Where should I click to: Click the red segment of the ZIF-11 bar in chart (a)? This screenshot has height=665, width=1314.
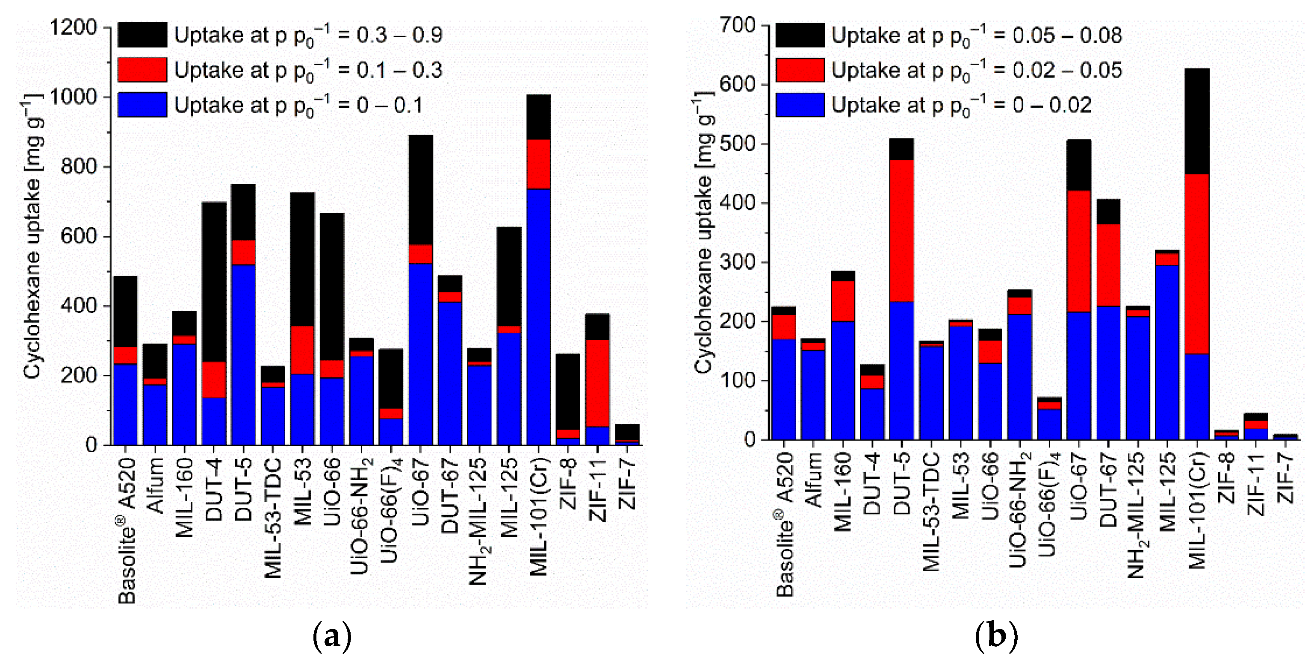pos(597,383)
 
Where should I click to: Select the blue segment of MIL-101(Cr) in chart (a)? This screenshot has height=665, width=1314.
pos(539,316)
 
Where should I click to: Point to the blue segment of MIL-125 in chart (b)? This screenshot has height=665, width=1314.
pos(1167,352)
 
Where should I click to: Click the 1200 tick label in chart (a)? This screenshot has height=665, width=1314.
pos(73,27)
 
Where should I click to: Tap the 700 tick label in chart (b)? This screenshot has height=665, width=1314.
pos(737,24)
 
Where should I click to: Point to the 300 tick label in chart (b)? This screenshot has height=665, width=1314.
pos(737,262)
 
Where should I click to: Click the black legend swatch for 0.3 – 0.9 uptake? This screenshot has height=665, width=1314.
pos(142,35)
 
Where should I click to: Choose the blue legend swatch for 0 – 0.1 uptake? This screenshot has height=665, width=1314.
pos(142,105)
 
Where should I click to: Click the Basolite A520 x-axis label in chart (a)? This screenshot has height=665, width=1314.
pos(127,530)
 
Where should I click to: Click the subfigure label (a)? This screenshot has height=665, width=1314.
pos(332,636)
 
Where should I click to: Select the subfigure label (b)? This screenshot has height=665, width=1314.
pos(996,636)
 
